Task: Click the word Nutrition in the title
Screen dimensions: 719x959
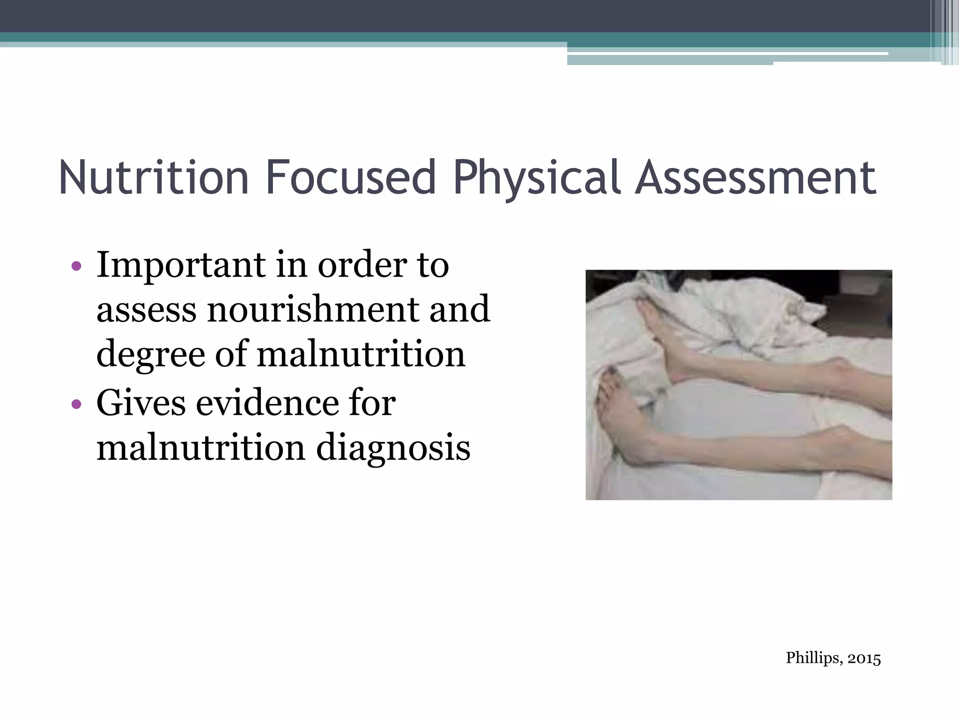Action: (x=154, y=177)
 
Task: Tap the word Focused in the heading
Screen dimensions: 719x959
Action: (x=351, y=177)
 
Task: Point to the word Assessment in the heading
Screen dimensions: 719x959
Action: (x=755, y=177)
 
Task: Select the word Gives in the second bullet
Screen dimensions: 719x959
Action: (x=141, y=403)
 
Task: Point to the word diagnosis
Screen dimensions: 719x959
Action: (x=393, y=448)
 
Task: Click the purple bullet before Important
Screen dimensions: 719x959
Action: (x=76, y=267)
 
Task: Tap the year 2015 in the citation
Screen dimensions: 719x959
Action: (x=864, y=659)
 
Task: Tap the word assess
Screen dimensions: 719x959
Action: (x=146, y=310)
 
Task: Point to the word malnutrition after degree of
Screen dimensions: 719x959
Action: (x=361, y=354)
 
